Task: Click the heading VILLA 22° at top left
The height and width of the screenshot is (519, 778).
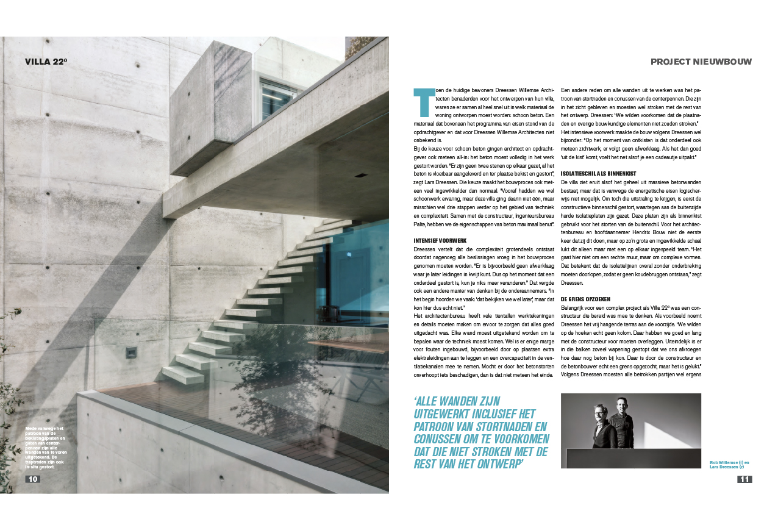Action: click(x=46, y=61)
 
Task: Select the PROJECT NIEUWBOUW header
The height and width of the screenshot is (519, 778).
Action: click(x=701, y=62)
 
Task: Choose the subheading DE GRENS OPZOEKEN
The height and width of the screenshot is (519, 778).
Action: click(x=586, y=299)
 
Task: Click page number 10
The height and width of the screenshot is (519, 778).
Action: click(x=33, y=479)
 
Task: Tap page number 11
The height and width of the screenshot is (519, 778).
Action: click(x=744, y=479)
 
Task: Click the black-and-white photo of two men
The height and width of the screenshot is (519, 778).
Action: click(x=630, y=431)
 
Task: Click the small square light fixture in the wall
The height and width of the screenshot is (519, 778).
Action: click(x=131, y=352)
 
